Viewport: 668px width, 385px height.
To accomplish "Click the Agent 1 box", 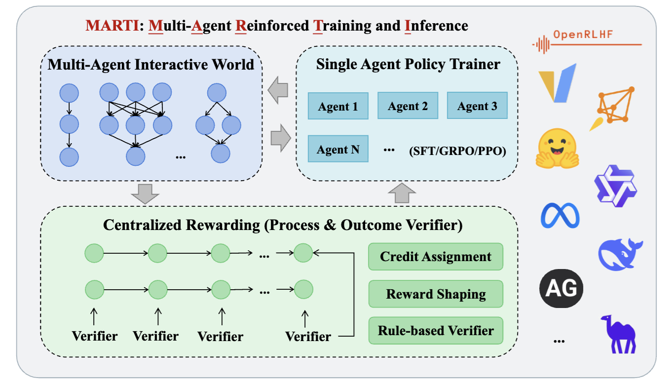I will click(x=338, y=106).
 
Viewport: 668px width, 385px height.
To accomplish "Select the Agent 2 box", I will click(x=408, y=106).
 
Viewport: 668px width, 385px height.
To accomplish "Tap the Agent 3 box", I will click(x=477, y=106).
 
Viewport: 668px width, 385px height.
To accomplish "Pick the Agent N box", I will click(x=338, y=149).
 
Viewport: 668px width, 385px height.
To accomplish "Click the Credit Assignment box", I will click(x=436, y=257).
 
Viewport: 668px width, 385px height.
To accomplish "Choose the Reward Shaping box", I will click(x=436, y=294).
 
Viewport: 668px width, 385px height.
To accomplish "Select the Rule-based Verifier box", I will click(x=436, y=331).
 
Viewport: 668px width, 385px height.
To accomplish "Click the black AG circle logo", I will click(x=561, y=287).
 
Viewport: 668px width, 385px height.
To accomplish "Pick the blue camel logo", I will click(x=618, y=334).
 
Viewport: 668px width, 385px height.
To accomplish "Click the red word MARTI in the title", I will click(x=110, y=25).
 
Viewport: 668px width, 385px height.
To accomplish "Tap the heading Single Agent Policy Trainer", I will click(x=408, y=64).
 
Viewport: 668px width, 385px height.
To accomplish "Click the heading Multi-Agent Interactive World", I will click(x=151, y=64).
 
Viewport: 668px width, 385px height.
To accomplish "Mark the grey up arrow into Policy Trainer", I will click(x=403, y=192).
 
